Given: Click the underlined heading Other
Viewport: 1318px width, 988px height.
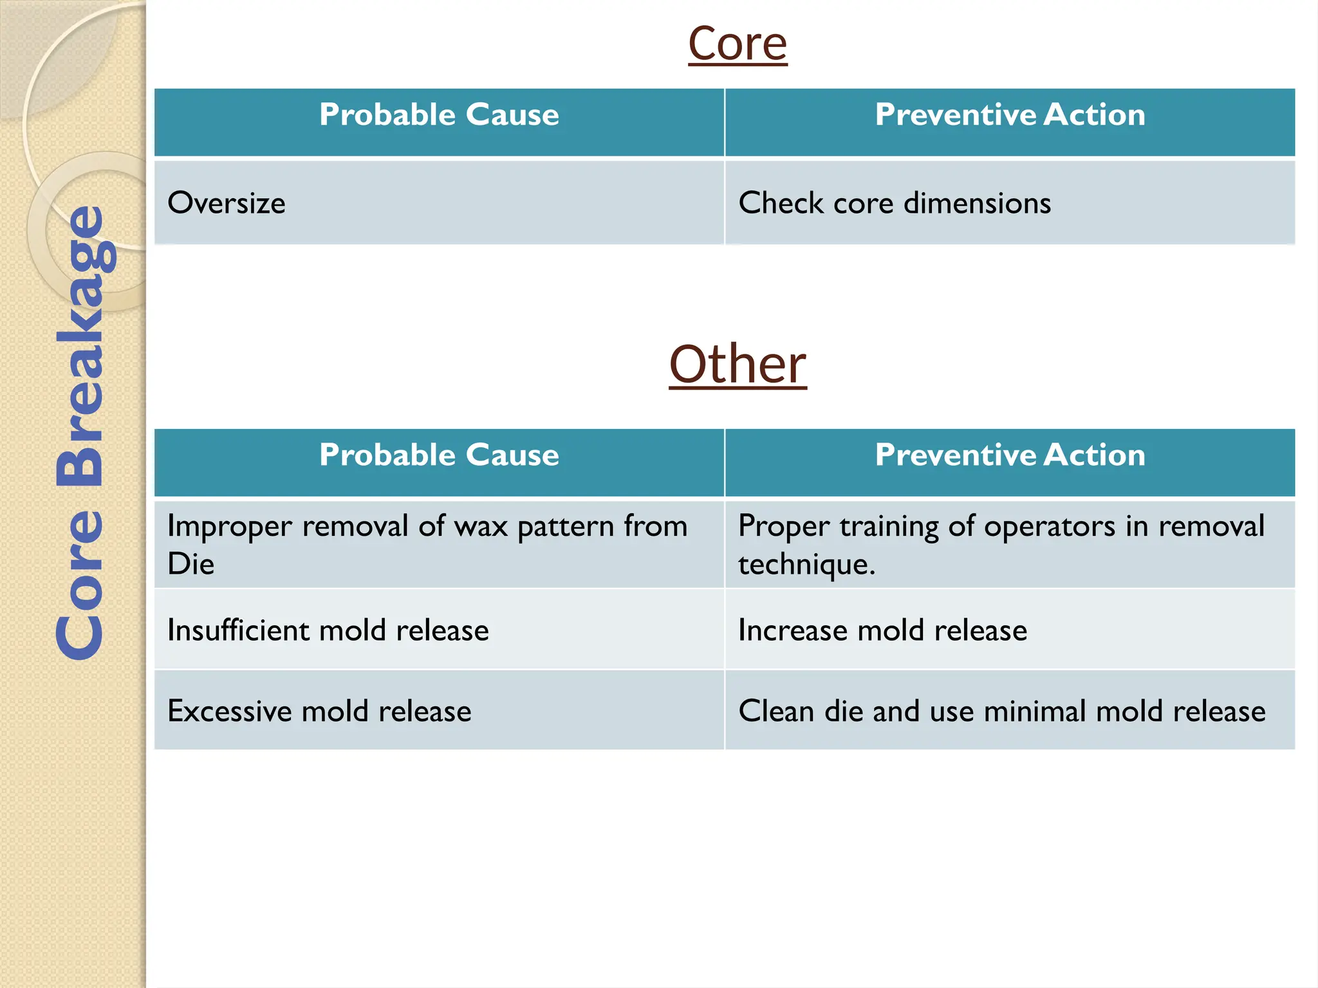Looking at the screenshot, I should (738, 364).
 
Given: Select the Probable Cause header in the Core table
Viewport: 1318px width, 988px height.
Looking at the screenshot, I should (439, 115).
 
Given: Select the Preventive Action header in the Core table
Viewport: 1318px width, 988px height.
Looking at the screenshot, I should (1010, 115).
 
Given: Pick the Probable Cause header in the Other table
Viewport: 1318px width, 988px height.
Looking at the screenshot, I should (439, 455).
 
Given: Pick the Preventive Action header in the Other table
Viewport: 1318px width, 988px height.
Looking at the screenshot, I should (1010, 455).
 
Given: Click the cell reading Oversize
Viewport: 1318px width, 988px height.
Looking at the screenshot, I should (227, 203).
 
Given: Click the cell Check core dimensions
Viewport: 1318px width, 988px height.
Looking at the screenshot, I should (895, 203).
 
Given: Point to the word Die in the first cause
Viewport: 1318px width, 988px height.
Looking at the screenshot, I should (190, 564).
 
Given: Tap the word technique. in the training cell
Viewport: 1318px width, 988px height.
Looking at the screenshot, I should (806, 564).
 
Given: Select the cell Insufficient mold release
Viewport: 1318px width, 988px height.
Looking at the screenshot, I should (328, 630).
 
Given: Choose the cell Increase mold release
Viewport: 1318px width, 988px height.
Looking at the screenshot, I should (882, 630).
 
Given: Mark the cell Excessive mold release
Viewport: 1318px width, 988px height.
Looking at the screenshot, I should (319, 711).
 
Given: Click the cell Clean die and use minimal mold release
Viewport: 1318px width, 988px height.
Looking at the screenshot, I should (1001, 711).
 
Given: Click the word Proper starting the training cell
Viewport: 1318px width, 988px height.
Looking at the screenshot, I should (783, 527).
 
